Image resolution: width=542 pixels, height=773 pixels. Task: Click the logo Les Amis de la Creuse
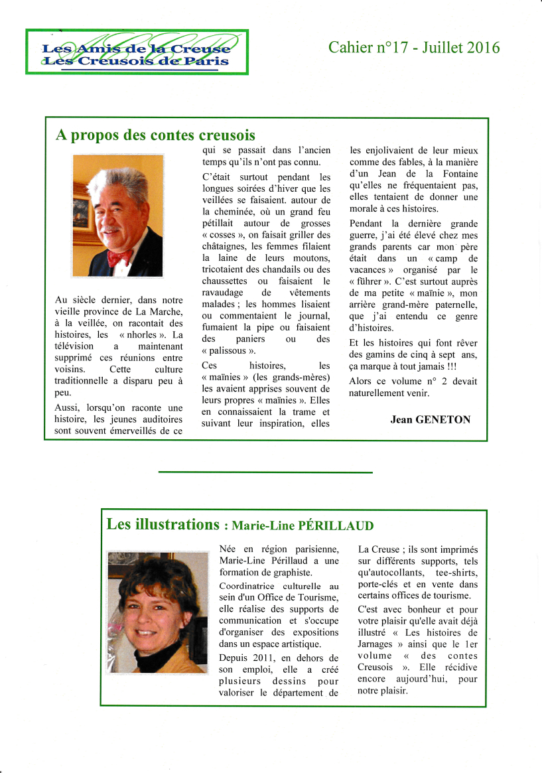pyautogui.click(x=137, y=52)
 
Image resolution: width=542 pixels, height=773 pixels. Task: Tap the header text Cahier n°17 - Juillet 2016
pyautogui.click(x=414, y=47)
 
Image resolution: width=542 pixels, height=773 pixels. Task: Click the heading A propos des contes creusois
pyautogui.click(x=155, y=135)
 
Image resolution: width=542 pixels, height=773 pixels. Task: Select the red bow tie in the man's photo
pyautogui.click(x=120, y=255)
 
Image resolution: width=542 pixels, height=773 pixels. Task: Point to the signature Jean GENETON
pyautogui.click(x=430, y=419)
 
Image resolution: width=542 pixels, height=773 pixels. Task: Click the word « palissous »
pyautogui.click(x=228, y=350)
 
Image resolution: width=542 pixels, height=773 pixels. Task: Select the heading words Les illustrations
pyautogui.click(x=163, y=524)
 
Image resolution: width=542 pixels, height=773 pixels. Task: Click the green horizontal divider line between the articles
pyautogui.click(x=265, y=472)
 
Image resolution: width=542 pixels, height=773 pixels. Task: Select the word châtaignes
pyautogui.click(x=224, y=246)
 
